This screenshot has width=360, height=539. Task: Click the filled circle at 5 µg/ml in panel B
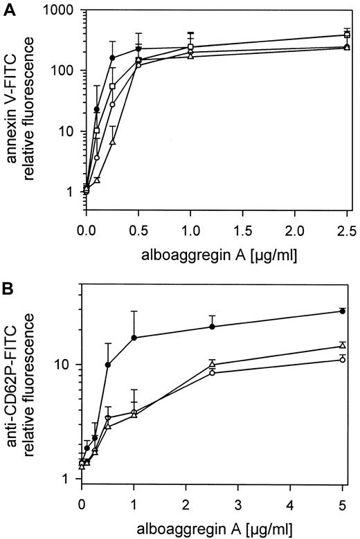click(x=343, y=311)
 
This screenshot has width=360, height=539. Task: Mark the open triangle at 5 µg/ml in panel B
click(x=343, y=345)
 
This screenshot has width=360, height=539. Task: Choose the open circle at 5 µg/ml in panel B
click(x=343, y=359)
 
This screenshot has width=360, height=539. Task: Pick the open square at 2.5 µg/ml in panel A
click(x=347, y=34)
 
